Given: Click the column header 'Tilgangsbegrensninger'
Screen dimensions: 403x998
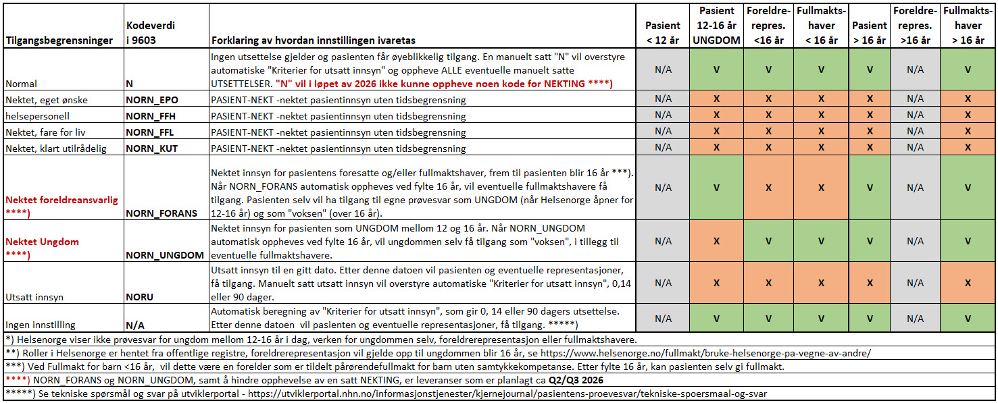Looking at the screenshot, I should tap(59, 41).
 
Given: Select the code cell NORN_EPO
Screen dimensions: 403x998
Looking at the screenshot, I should tap(151, 100).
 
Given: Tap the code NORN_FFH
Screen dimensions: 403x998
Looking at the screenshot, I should tap(151, 116).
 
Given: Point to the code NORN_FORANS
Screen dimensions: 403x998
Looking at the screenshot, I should tap(161, 213).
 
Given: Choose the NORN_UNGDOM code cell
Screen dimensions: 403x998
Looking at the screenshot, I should tap(165, 255).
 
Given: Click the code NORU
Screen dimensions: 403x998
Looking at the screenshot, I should tap(140, 297).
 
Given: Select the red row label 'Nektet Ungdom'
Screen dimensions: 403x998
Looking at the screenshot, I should tap(43, 242).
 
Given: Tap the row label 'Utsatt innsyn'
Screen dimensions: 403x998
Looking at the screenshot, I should tap(34, 297).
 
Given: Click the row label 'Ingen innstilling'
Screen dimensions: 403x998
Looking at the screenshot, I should tap(41, 325).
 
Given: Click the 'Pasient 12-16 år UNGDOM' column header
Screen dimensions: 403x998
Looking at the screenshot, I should tap(716, 26).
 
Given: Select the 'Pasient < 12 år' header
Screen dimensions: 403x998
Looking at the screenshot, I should tap(662, 33).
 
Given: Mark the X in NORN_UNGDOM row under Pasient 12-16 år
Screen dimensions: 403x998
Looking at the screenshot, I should tap(716, 241).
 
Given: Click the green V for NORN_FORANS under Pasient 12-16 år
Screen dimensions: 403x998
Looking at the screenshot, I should tap(716, 188).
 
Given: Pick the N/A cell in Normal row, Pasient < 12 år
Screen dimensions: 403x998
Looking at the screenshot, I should tap(662, 69).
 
